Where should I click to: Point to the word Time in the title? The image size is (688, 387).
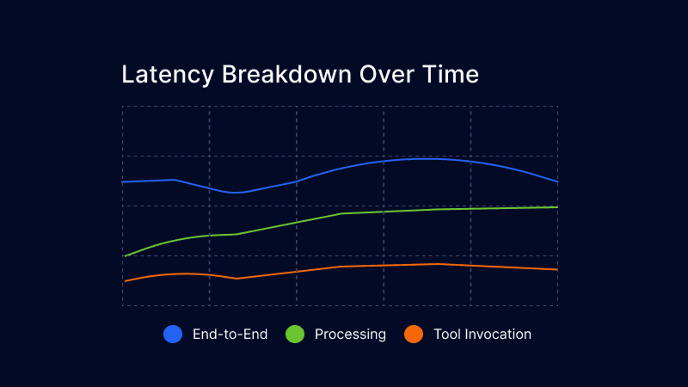tap(451, 75)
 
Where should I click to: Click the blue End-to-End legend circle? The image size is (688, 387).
tap(173, 335)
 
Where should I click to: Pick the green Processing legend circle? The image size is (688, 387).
tap(295, 335)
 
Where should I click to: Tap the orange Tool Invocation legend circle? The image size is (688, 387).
tap(414, 335)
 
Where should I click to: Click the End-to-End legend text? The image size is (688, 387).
tap(230, 335)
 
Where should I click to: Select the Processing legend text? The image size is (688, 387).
tap(350, 335)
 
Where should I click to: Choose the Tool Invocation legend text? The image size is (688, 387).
tap(482, 335)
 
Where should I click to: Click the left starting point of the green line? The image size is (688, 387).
tap(124, 256)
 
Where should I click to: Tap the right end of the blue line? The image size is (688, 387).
tap(558, 182)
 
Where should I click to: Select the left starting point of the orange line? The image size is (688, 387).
tap(124, 281)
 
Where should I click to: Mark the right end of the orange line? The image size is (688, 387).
tap(558, 270)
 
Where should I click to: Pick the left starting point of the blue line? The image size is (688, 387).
tap(123, 182)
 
